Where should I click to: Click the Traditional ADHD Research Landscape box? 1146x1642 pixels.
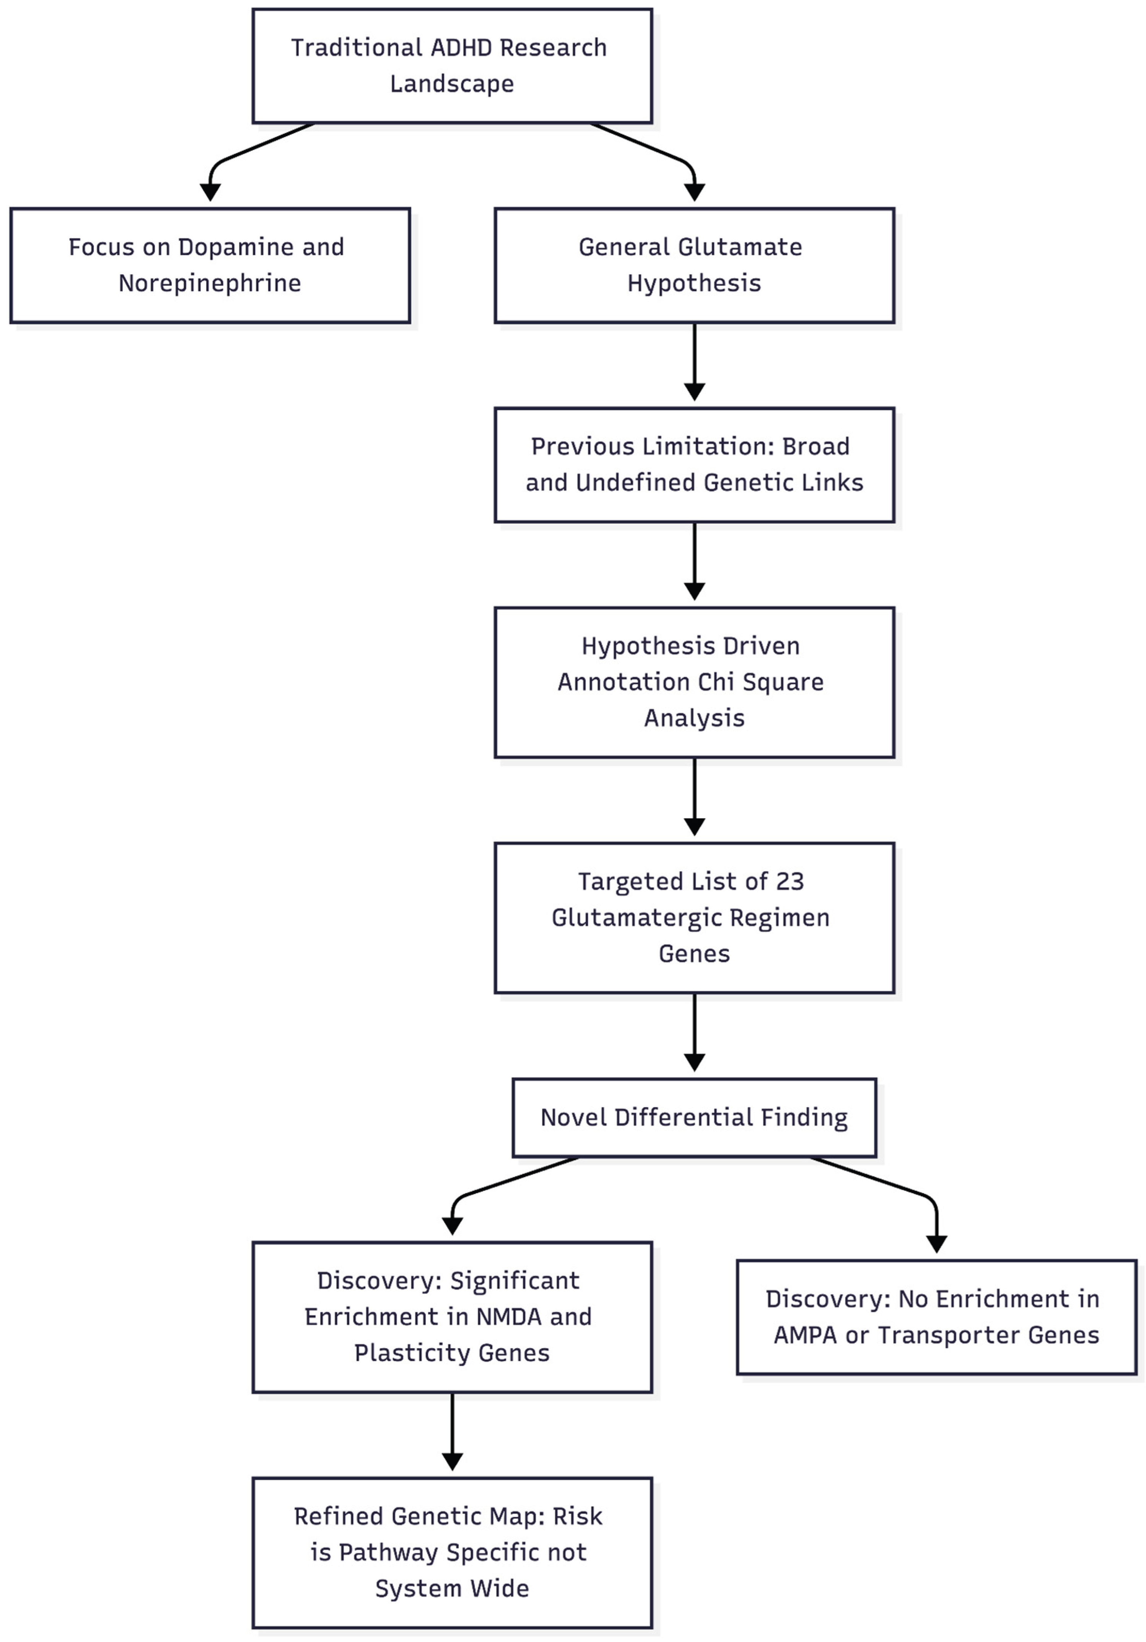pos(452,66)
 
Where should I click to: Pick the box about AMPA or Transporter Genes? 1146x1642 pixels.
pos(936,1316)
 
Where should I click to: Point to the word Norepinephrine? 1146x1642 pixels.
pos(210,283)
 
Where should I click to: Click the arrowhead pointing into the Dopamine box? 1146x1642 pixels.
pos(210,192)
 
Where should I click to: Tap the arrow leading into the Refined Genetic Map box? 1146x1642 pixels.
pos(452,1430)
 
